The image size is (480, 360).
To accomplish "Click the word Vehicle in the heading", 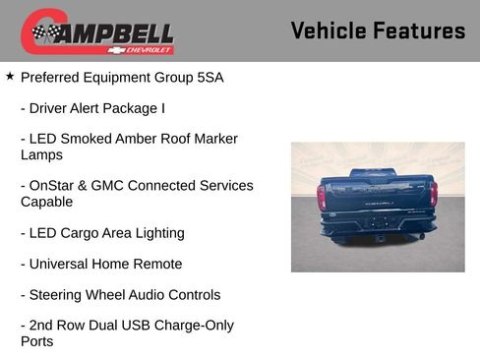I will pyautogui.click(x=328, y=30).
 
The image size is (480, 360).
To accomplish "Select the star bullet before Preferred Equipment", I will pyautogui.click(x=10, y=75).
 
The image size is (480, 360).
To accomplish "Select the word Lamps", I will pyautogui.click(x=41, y=154).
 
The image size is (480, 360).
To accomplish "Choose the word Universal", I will pyautogui.click(x=61, y=264).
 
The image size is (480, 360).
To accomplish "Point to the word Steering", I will pyautogui.click(x=59, y=294).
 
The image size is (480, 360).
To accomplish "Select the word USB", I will pyautogui.click(x=140, y=325).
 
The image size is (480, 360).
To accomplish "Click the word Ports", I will pyautogui.click(x=37, y=341).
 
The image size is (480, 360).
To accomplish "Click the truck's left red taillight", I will pyautogui.click(x=322, y=197).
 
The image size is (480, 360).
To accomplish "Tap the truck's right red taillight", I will pyautogui.click(x=433, y=194).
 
